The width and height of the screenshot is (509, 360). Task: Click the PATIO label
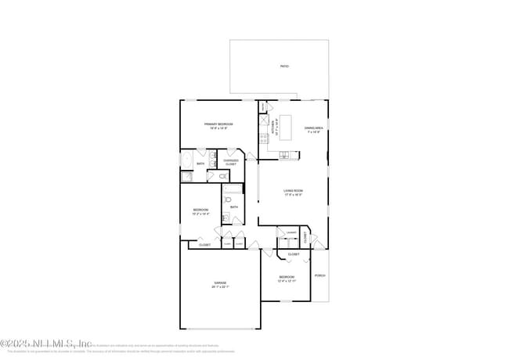tap(284, 67)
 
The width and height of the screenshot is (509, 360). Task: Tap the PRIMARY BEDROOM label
tap(219, 124)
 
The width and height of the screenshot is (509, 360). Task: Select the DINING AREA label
tap(314, 128)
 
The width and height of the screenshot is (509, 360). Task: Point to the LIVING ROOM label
tap(293, 190)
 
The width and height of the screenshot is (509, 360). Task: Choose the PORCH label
tap(319, 275)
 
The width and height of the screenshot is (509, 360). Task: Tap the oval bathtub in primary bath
tap(186, 160)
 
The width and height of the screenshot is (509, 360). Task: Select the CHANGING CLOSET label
tap(230, 162)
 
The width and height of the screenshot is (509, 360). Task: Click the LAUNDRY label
tap(291, 232)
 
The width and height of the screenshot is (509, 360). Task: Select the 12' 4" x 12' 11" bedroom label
tap(287, 279)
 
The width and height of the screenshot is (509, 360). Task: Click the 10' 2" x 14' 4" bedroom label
tap(200, 211)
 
